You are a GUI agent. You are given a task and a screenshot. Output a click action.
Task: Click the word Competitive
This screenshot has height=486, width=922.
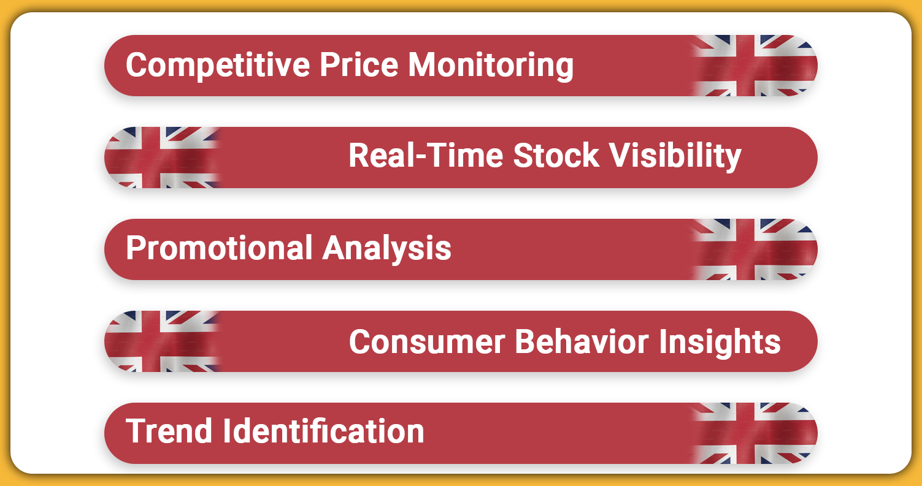click(218, 66)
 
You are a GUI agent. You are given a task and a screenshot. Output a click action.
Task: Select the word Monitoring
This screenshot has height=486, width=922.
click(491, 66)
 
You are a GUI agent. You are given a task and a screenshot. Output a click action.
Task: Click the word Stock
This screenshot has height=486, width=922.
click(556, 156)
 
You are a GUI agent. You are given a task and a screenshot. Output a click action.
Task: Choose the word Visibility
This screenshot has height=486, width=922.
click(675, 156)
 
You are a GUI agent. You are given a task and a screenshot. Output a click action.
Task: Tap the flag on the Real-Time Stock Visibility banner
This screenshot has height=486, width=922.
click(163, 158)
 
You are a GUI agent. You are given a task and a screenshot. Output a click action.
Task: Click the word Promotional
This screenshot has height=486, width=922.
click(220, 248)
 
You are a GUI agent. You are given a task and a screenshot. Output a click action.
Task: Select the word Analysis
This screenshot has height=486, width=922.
click(387, 249)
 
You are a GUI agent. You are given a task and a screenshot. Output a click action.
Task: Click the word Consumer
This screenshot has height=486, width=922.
click(427, 341)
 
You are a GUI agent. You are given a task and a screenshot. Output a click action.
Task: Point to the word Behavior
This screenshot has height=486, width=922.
click(582, 341)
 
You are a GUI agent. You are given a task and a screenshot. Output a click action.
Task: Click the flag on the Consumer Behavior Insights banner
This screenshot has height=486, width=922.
click(163, 341)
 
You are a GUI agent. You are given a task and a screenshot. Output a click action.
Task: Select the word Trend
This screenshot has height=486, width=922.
click(169, 431)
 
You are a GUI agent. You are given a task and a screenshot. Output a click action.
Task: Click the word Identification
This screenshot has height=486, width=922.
click(323, 431)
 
